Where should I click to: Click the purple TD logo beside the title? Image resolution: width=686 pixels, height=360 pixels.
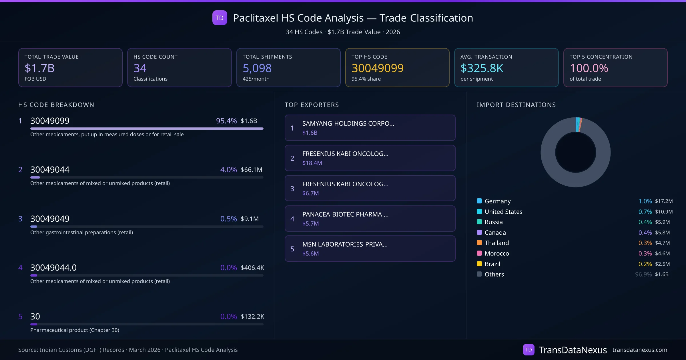coord(220,18)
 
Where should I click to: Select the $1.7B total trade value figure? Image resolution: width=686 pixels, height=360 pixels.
coord(39,68)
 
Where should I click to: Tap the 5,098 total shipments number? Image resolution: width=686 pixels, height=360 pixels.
coord(257,68)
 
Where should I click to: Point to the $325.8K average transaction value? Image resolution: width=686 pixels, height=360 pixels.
coord(482,68)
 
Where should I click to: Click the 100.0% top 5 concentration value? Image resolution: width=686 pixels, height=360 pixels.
coord(589,68)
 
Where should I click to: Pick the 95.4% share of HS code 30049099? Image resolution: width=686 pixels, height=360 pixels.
coord(226,121)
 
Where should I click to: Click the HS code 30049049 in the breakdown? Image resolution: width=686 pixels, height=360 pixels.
coord(50,219)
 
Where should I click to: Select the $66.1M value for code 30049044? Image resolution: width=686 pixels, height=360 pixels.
coord(251,170)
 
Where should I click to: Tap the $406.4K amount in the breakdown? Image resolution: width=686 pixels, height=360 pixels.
coord(252,268)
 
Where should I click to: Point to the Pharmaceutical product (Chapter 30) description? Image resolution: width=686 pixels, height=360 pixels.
coord(75,330)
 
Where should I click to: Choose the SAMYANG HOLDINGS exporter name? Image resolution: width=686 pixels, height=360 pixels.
coord(348,123)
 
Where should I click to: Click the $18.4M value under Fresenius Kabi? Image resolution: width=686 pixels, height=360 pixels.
coord(312,163)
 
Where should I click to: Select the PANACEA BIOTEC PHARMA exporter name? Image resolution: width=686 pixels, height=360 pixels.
coord(345,214)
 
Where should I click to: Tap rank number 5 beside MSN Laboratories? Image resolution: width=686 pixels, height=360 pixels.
coord(292,249)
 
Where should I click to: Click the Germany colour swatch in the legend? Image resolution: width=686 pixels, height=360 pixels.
coord(479,201)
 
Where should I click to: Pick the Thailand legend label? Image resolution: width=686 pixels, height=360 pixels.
coord(497,243)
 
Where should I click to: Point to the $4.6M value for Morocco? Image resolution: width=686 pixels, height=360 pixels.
coord(662,253)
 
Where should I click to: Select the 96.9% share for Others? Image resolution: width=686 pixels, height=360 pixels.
coord(643,274)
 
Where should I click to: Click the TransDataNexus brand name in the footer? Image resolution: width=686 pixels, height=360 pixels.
coord(573,350)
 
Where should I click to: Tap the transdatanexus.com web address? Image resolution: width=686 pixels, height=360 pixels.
coord(640,350)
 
